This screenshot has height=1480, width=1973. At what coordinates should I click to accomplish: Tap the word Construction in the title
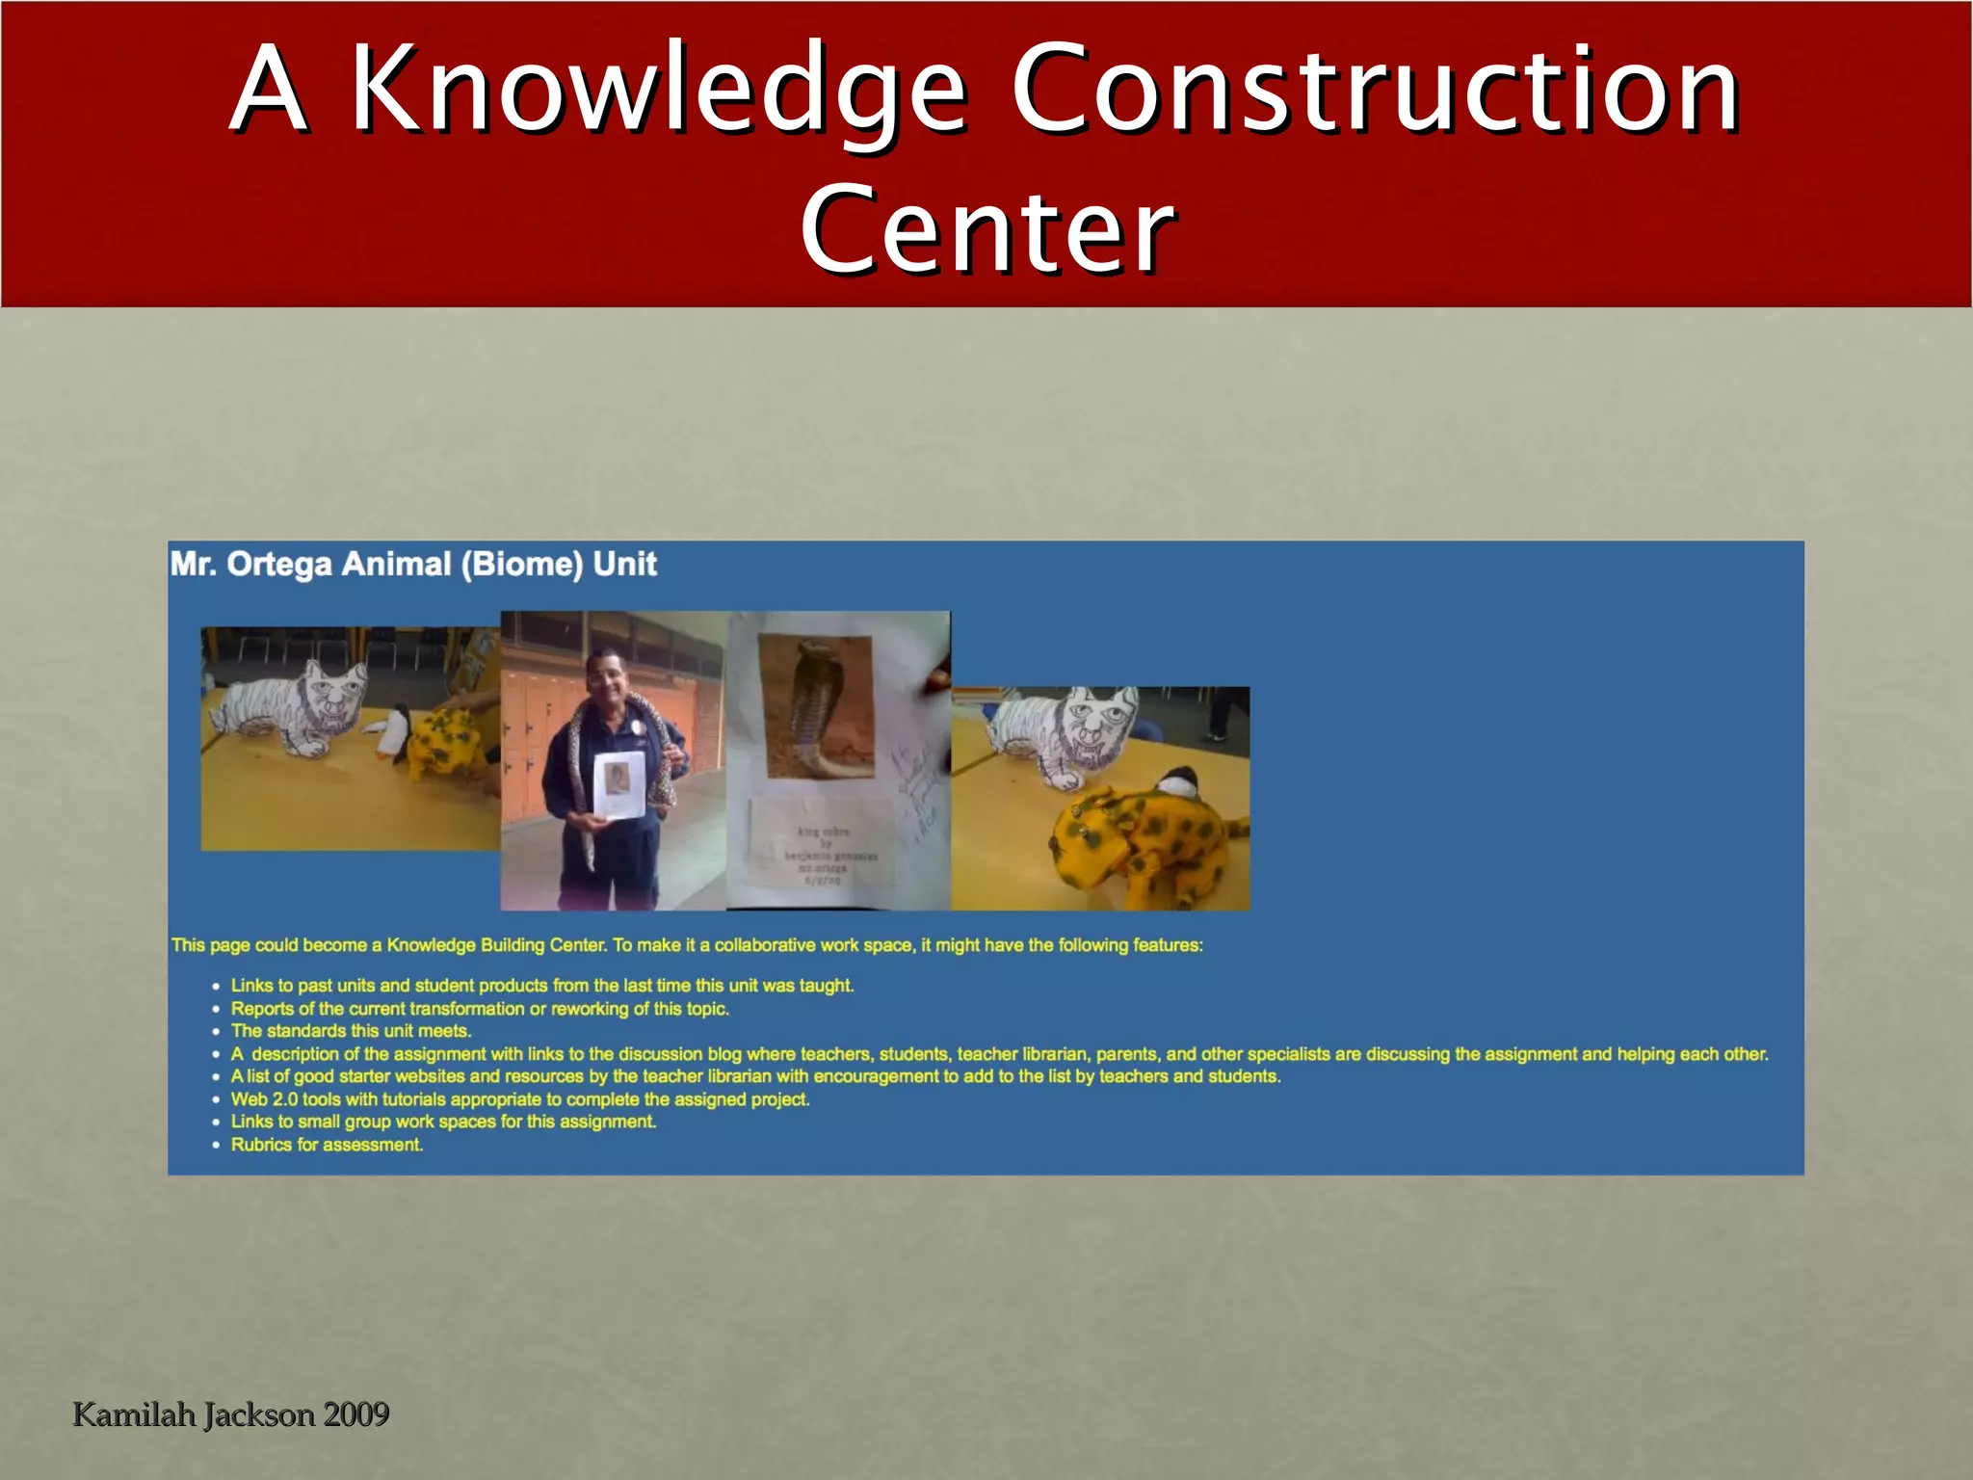pyautogui.click(x=1375, y=92)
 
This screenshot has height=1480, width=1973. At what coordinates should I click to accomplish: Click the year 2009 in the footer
pyautogui.click(x=356, y=1414)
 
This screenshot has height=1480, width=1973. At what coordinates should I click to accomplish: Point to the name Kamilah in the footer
pyautogui.click(x=134, y=1414)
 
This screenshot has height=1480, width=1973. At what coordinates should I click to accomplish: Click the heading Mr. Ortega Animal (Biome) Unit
pyautogui.click(x=413, y=564)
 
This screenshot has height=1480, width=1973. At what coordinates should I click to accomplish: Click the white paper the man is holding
pyautogui.click(x=618, y=785)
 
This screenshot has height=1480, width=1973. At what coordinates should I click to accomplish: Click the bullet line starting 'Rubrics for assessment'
pyautogui.click(x=327, y=1145)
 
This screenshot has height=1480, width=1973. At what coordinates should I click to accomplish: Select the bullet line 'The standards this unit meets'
pyautogui.click(x=351, y=1031)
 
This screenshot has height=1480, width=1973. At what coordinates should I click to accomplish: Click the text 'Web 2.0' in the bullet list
pyautogui.click(x=264, y=1099)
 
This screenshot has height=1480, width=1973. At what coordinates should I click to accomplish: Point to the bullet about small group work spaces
pyautogui.click(x=443, y=1122)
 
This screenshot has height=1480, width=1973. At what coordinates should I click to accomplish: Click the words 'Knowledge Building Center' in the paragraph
pyautogui.click(x=496, y=945)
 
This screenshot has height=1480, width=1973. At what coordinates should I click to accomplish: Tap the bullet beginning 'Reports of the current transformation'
pyautogui.click(x=480, y=1009)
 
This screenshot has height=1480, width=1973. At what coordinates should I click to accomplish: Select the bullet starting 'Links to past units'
pyautogui.click(x=542, y=986)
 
